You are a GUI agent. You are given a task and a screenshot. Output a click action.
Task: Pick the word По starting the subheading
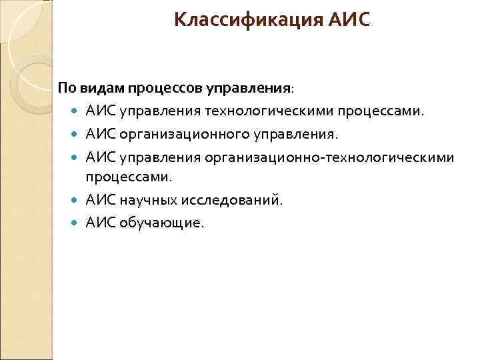tap(68, 87)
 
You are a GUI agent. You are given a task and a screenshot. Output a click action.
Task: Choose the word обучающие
tap(163, 223)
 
